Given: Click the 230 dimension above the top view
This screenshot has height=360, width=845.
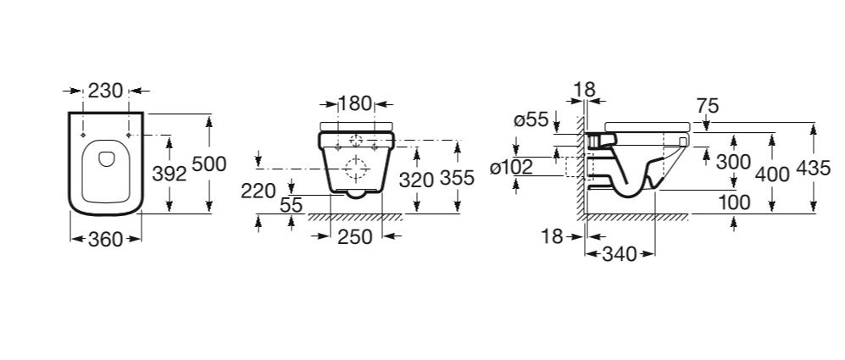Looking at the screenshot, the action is (x=106, y=91).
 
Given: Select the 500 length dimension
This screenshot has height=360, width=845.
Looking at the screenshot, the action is (x=209, y=163).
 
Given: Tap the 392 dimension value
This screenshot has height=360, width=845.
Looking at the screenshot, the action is (x=170, y=174).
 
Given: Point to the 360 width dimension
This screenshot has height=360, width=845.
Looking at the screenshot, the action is (x=106, y=239).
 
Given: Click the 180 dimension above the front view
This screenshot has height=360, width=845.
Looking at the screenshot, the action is (x=355, y=102).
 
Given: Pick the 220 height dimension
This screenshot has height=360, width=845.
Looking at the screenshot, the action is (x=259, y=191).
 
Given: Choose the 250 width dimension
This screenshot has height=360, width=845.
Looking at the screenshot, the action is (x=355, y=236).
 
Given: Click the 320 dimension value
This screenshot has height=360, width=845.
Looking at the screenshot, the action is (x=417, y=180).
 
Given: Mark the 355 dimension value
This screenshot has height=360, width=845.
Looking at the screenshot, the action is (x=457, y=177).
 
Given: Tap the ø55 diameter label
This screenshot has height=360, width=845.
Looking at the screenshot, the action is (x=531, y=120).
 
